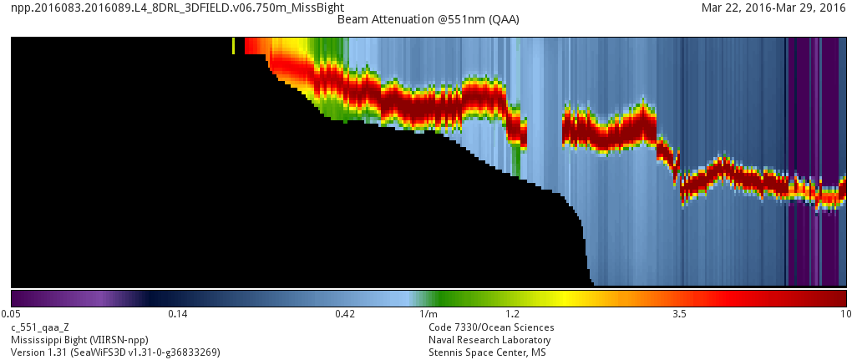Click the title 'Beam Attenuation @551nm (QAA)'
point(428,19)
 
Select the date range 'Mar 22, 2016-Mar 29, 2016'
point(774,8)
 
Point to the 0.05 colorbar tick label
point(11,314)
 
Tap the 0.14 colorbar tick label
point(178,314)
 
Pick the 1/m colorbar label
point(428,314)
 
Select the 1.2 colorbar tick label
point(512,314)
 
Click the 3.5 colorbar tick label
point(679,314)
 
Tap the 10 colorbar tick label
point(845,314)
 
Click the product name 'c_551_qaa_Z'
point(40,327)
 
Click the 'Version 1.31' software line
point(115,352)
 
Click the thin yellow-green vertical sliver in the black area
point(233,45)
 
